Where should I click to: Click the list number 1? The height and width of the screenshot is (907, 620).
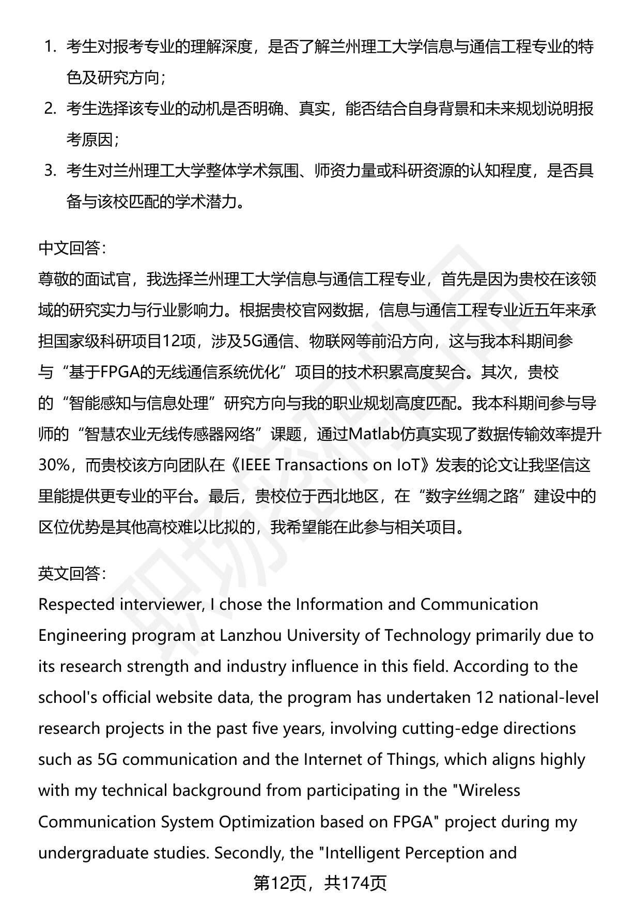point(50,47)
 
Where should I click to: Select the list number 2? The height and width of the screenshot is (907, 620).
point(50,109)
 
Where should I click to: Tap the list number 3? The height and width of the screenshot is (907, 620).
point(50,171)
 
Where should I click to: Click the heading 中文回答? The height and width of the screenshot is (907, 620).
point(71,249)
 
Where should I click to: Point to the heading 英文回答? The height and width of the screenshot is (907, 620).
point(71,574)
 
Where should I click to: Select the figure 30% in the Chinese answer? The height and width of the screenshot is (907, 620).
point(54,466)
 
